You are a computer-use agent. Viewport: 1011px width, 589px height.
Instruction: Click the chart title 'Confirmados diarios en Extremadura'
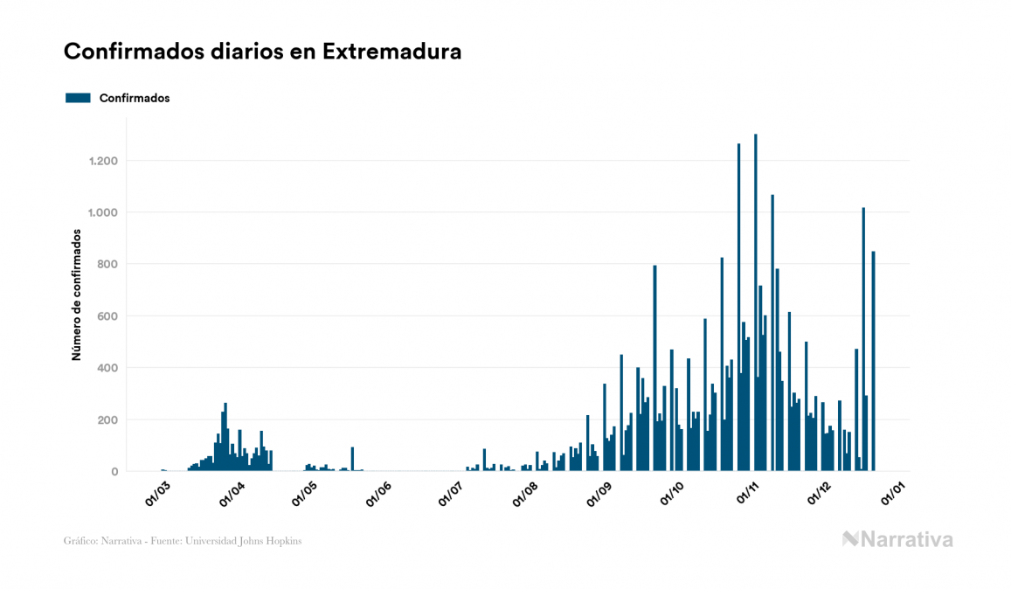click(x=262, y=52)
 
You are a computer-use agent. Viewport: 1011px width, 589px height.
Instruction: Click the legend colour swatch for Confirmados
click(x=78, y=98)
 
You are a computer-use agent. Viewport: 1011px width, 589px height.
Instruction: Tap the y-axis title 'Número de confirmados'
click(x=76, y=294)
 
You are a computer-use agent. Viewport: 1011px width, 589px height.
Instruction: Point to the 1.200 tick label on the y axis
click(x=102, y=161)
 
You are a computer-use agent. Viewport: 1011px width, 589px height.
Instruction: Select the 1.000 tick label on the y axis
click(x=102, y=212)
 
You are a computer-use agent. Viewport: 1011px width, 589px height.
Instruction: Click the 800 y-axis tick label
click(x=107, y=264)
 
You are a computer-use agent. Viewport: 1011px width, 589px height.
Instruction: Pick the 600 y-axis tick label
click(x=107, y=315)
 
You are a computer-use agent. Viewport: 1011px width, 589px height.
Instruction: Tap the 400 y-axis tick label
click(x=107, y=368)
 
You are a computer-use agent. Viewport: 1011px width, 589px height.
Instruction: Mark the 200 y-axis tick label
click(x=107, y=419)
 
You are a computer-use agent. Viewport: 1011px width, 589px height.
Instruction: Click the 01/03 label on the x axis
click(x=159, y=491)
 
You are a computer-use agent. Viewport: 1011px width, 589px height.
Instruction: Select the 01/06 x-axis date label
click(x=377, y=491)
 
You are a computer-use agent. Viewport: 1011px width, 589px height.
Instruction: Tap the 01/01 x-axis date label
click(x=893, y=491)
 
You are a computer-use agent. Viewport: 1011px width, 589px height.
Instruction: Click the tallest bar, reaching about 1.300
click(x=756, y=306)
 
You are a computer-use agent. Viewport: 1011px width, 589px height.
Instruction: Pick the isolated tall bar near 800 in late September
click(x=654, y=367)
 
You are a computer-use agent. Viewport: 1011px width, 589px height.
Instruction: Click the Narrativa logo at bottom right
click(x=897, y=539)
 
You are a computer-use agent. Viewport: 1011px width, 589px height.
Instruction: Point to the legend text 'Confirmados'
click(x=135, y=98)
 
